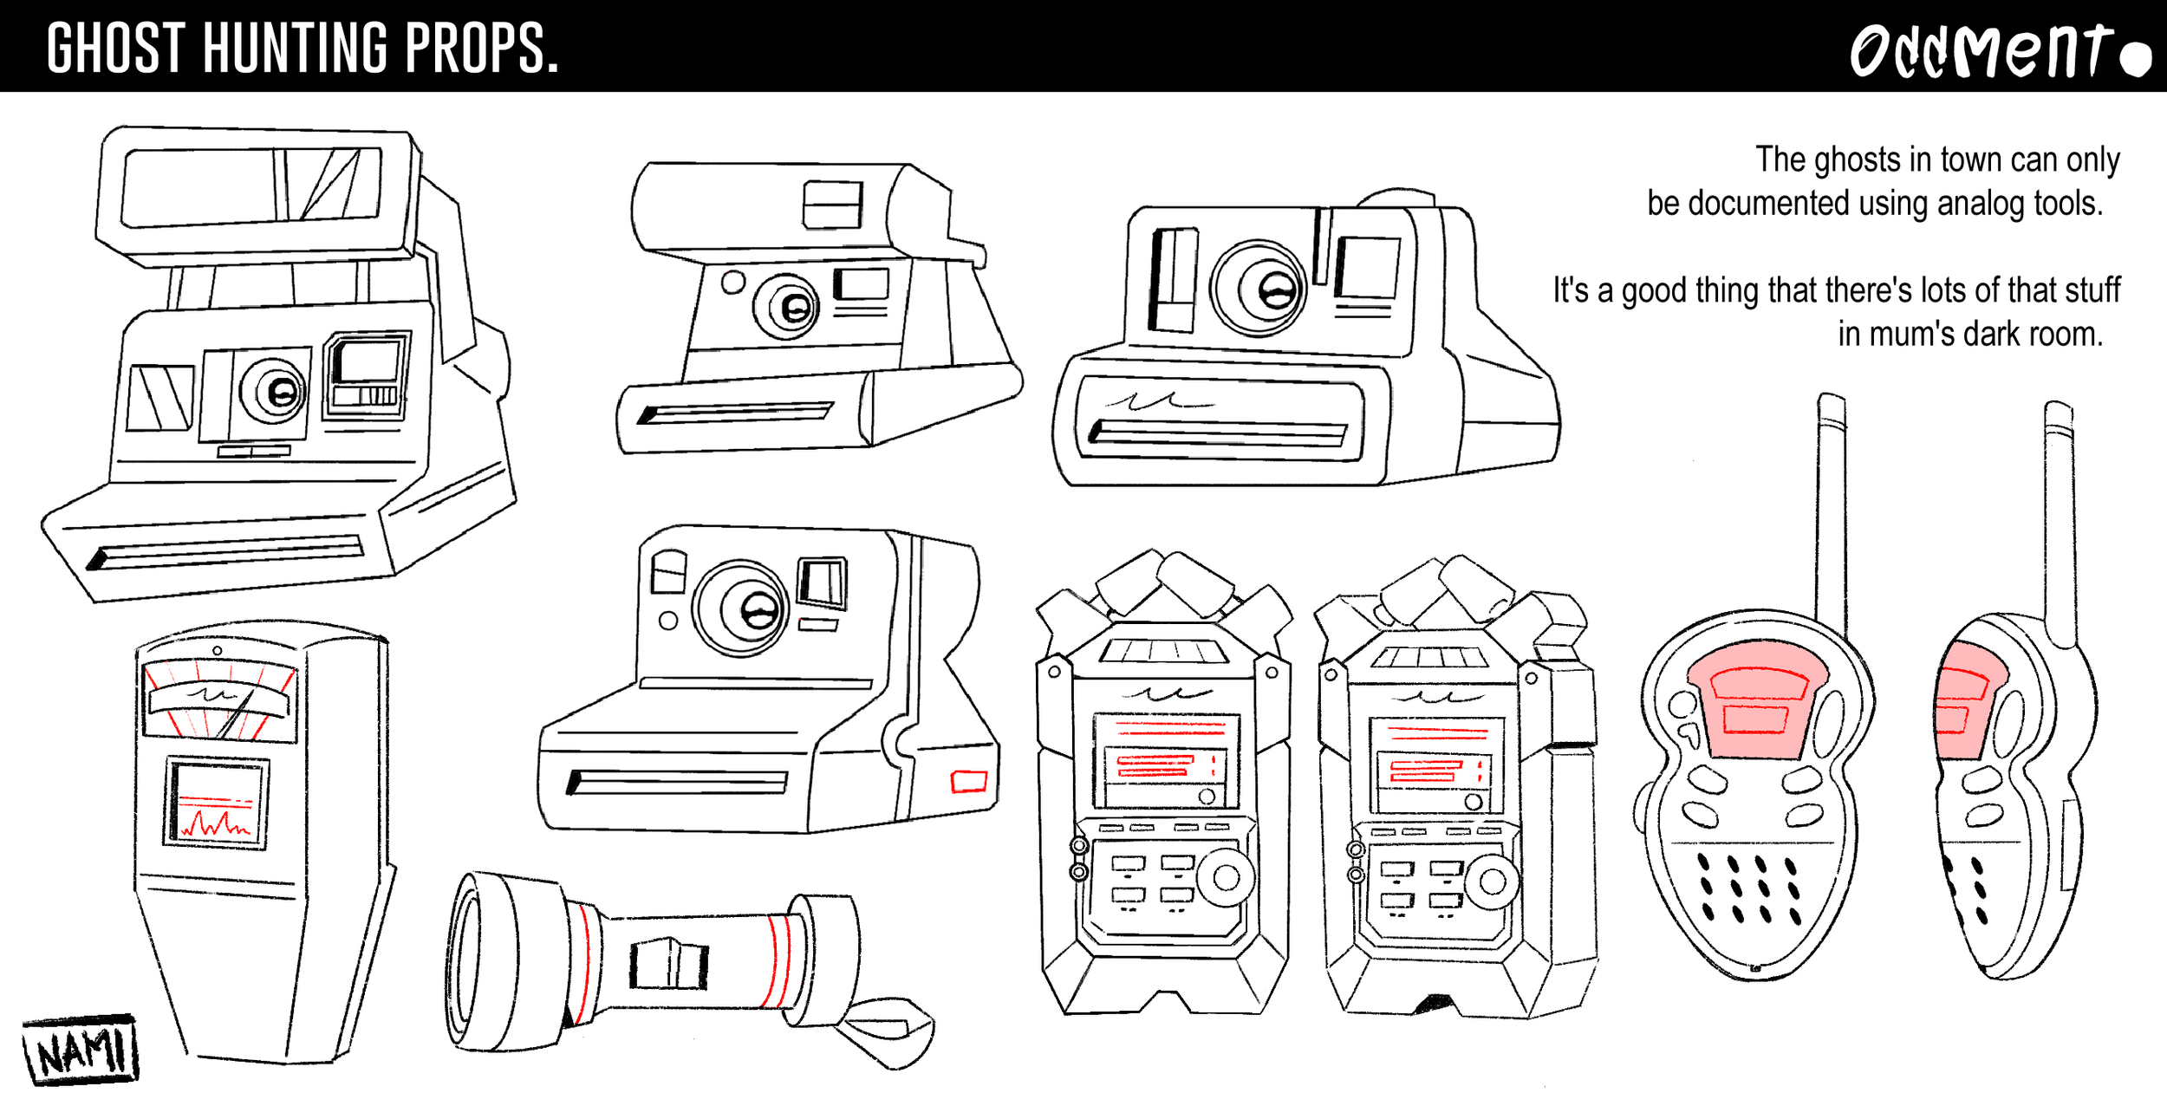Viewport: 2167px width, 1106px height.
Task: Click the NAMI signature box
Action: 81,1050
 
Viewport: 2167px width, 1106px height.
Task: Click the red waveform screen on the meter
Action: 216,804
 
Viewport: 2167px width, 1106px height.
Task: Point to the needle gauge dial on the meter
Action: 218,702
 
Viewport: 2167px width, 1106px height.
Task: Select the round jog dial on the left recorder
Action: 1226,878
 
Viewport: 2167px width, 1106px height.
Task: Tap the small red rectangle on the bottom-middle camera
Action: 968,781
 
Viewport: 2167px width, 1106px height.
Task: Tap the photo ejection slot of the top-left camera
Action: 225,552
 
